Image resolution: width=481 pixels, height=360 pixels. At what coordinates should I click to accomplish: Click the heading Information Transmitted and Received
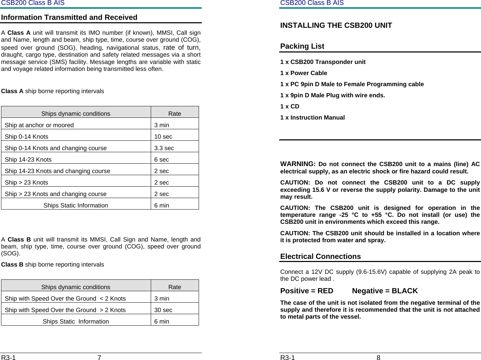tap(69, 17)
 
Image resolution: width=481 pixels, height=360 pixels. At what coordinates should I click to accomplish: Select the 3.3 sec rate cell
tap(164, 148)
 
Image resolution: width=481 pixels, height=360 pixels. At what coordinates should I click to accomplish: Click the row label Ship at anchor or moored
tap(39, 125)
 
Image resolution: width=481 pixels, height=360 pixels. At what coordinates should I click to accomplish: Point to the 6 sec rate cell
tap(161, 159)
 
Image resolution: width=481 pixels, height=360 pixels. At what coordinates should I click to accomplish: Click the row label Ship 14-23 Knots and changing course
tap(57, 171)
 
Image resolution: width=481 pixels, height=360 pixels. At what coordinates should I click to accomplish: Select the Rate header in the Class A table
tap(174, 114)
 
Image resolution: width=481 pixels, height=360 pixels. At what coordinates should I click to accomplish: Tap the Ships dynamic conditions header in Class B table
tap(76, 287)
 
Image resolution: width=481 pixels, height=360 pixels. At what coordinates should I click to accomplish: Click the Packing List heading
tap(302, 46)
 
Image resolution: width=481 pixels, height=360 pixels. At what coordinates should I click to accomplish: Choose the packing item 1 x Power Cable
tap(304, 73)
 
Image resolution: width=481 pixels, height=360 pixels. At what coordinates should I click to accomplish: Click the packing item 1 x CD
tap(290, 106)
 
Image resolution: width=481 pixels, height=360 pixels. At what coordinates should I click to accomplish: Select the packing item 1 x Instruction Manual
tap(312, 117)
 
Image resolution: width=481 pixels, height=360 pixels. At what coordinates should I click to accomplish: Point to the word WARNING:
tap(298, 164)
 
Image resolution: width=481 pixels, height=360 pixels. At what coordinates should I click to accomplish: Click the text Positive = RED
tap(307, 291)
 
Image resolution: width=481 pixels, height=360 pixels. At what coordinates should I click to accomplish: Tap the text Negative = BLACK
tap(385, 291)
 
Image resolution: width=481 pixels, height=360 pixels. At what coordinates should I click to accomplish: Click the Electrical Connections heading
tap(321, 256)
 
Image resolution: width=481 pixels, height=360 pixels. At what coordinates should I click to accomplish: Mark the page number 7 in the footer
tap(99, 357)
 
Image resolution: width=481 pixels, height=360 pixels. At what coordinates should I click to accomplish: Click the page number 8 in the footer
tap(379, 357)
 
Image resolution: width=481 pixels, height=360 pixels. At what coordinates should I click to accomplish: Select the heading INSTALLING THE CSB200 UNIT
tap(336, 25)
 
